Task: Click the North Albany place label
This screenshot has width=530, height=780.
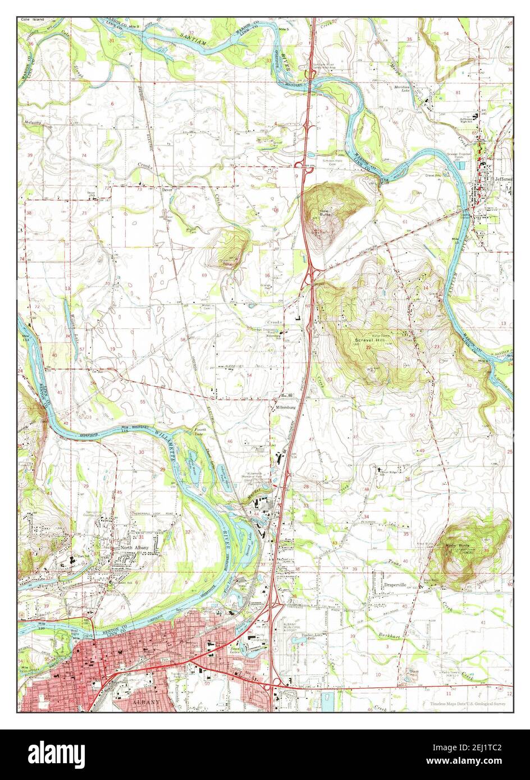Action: click(134, 548)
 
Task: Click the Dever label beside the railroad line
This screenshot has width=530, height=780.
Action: click(166, 190)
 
